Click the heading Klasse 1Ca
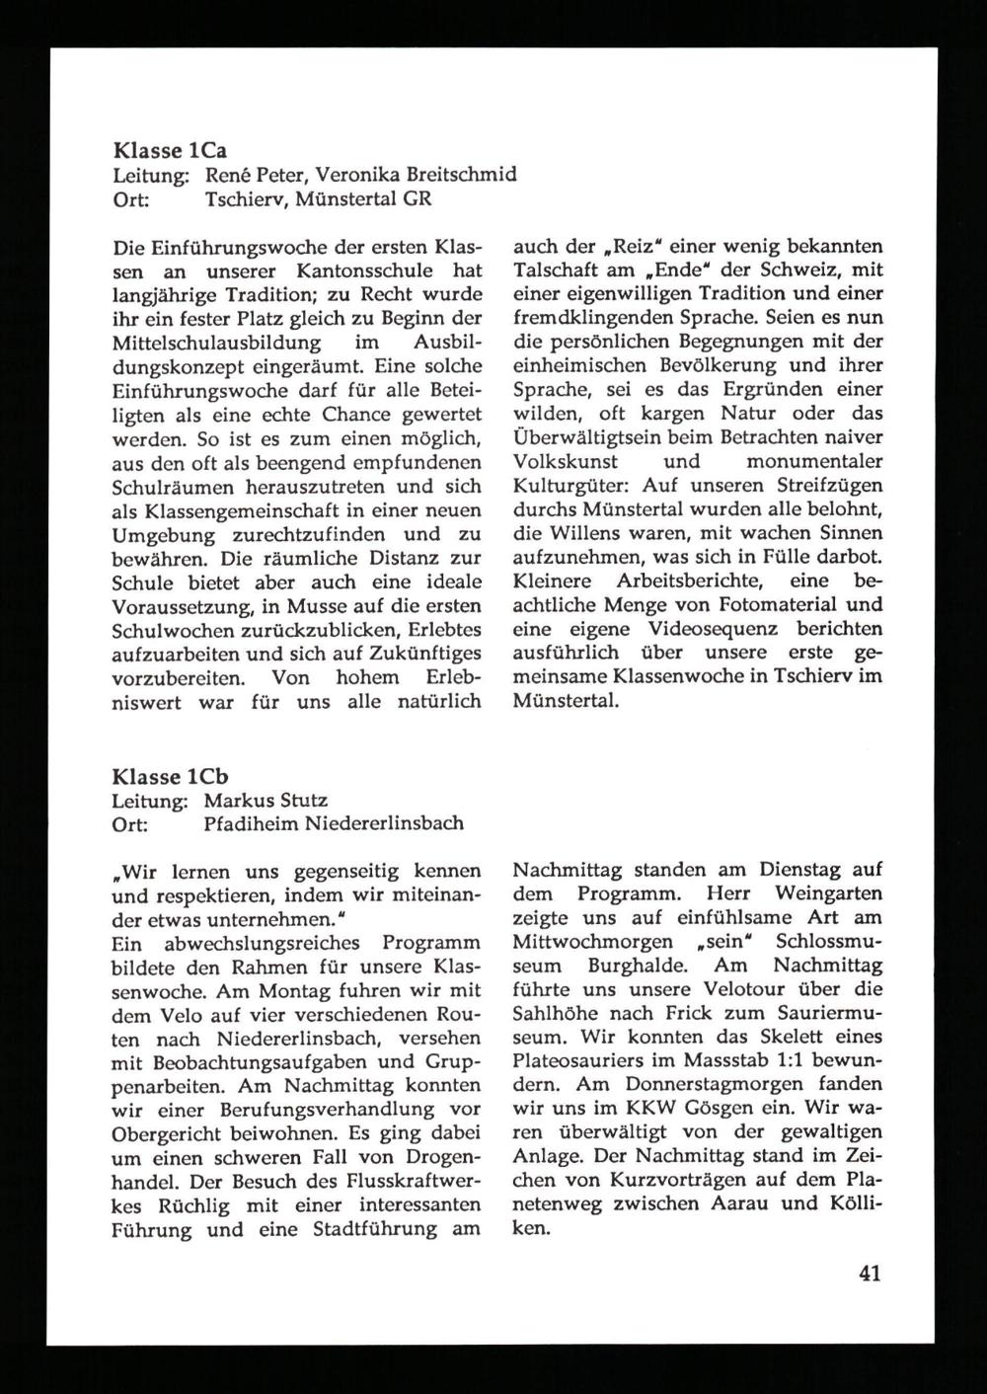(x=170, y=151)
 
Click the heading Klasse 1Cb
(x=171, y=776)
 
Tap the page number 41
(x=869, y=1273)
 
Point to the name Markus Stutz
(x=266, y=800)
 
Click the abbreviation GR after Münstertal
(x=415, y=199)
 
